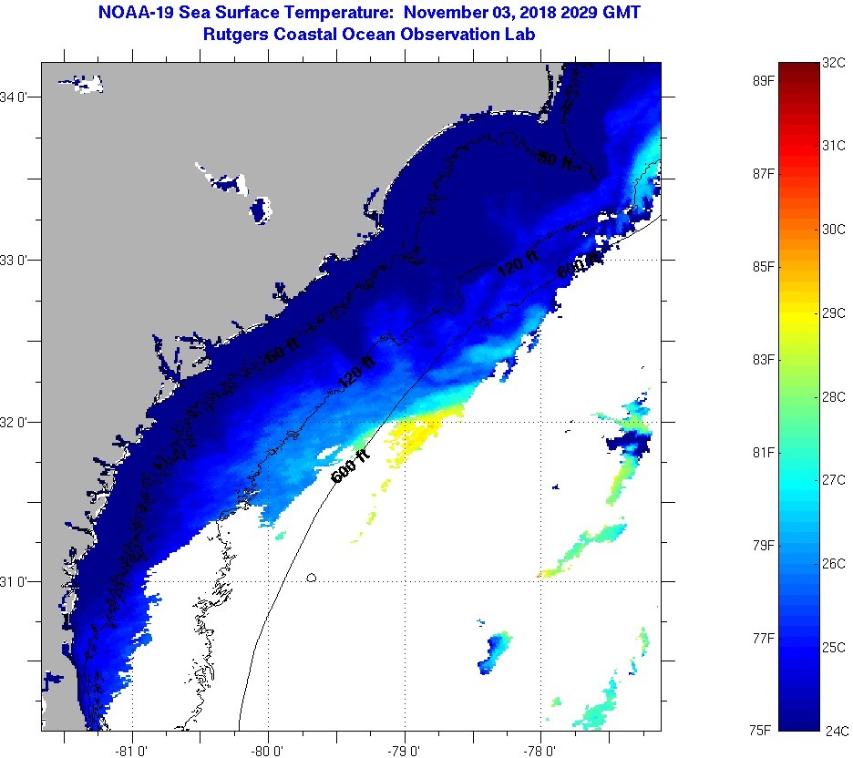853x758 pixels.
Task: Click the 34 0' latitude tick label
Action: (x=20, y=97)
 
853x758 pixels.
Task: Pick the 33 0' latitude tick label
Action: (x=20, y=260)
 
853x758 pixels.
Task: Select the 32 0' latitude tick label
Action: (x=20, y=422)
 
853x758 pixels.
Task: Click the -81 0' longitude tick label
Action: (x=132, y=749)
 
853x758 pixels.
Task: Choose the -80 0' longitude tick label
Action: (x=269, y=749)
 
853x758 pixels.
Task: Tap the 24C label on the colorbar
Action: (x=835, y=729)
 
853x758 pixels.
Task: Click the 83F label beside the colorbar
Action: (x=762, y=360)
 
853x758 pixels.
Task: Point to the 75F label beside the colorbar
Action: (x=762, y=729)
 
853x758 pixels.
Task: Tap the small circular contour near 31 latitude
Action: (x=312, y=577)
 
